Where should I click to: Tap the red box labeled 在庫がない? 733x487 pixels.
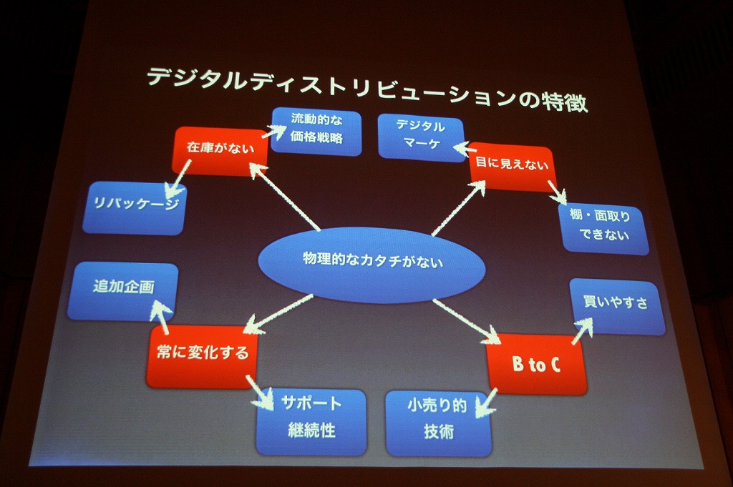(211, 150)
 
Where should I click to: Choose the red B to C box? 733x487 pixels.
(536, 365)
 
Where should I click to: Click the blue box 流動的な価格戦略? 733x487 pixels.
(316, 130)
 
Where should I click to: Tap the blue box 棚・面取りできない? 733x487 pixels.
(606, 227)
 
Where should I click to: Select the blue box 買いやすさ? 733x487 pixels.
(616, 305)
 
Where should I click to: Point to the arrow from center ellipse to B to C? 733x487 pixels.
(465, 318)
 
